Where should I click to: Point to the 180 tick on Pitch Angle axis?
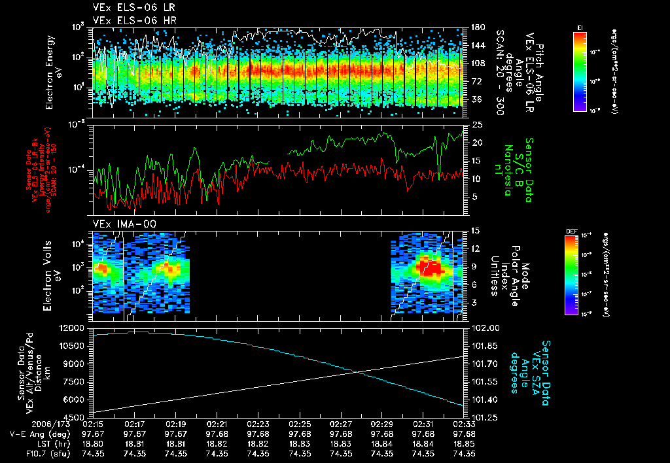(x=477, y=28)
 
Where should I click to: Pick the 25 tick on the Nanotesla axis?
(x=477, y=124)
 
